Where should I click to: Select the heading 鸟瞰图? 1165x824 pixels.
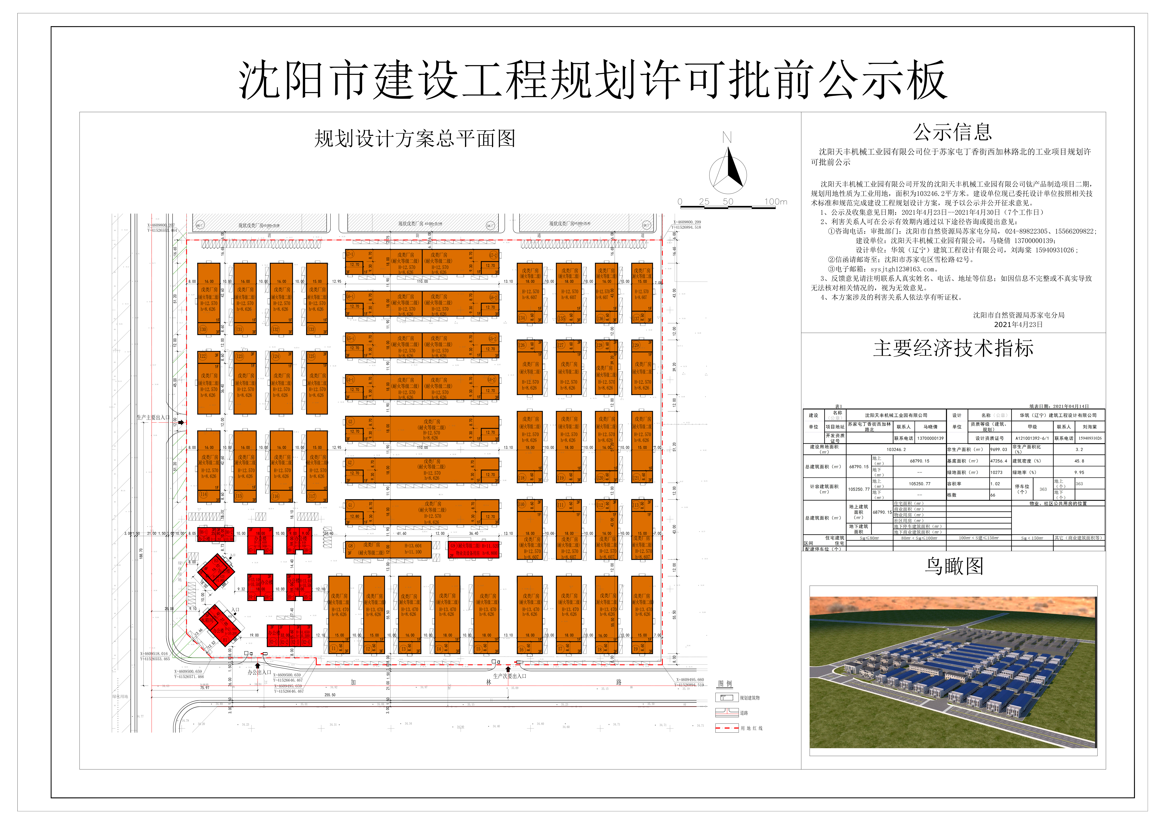pos(953,566)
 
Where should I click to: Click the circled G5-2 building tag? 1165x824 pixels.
pos(492,338)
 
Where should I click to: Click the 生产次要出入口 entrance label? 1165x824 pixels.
pos(509,676)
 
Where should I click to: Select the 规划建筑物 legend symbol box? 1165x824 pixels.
pos(727,698)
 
